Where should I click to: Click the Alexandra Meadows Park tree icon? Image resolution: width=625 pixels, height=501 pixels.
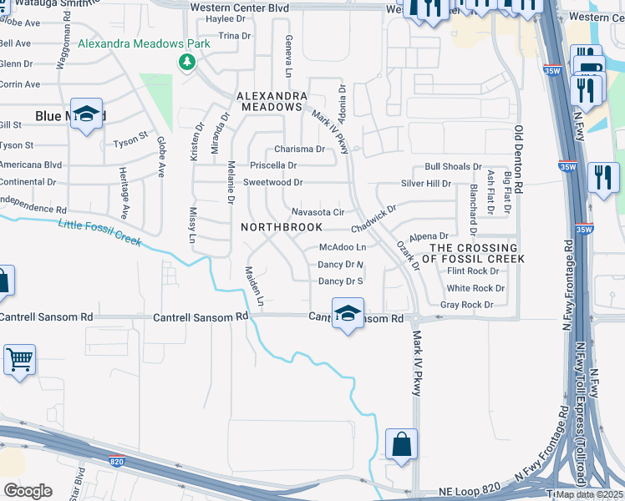tap(187, 62)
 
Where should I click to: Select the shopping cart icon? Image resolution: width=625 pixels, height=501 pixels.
tap(18, 361)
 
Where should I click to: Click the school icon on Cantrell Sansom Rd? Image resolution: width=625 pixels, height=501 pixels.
tap(348, 313)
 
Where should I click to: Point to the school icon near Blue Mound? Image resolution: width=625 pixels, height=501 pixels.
tap(86, 114)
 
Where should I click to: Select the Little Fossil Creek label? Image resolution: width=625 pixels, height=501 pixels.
tap(100, 233)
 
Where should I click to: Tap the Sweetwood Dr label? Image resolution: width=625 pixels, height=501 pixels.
tap(272, 182)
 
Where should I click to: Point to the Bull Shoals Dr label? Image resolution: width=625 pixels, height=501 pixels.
tap(454, 167)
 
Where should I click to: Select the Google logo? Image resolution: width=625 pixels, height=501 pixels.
tap(28, 490)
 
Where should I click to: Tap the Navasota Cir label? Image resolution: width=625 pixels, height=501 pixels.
tap(318, 212)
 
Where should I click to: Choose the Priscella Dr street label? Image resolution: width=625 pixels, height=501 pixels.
tap(268, 165)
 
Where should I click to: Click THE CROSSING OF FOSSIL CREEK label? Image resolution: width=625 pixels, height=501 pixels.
tap(473, 253)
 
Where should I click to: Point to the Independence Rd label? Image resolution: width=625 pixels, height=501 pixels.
tap(33, 208)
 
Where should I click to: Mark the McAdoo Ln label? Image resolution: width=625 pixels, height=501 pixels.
tap(343, 247)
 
